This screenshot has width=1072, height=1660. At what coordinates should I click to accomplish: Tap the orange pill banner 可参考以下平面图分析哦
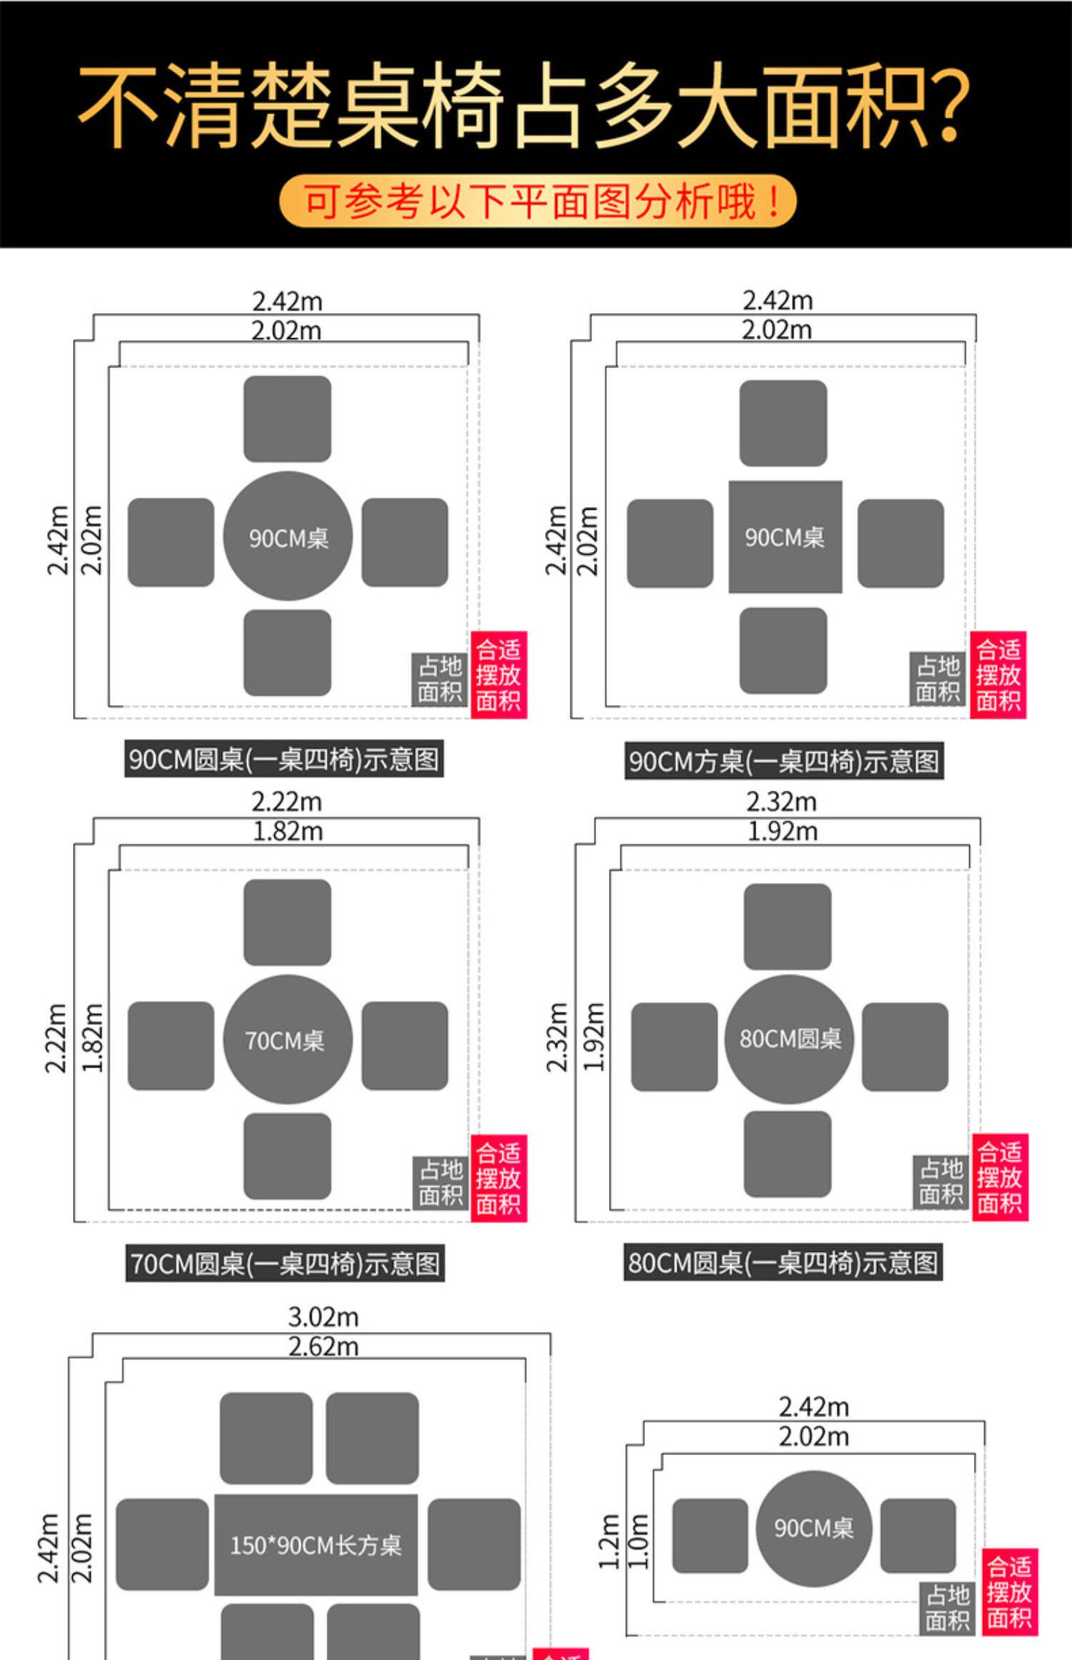[537, 201]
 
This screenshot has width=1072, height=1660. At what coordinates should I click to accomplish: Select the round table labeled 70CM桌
[287, 1039]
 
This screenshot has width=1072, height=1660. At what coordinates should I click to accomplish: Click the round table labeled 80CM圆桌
[790, 1039]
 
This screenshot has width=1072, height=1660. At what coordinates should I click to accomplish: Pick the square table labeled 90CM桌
[785, 537]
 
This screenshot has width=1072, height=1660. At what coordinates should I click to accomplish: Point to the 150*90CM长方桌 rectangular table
[316, 1544]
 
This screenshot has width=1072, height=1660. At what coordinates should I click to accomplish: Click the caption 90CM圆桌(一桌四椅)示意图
[284, 759]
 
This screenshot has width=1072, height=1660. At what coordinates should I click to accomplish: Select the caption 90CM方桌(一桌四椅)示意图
[784, 761]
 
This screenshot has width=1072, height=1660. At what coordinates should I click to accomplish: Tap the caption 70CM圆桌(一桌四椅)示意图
[284, 1263]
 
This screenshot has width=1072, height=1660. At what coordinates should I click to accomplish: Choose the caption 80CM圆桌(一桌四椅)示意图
[783, 1263]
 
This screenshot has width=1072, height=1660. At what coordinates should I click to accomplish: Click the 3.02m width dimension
[323, 1317]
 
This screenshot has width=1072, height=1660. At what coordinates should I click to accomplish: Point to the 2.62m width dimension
[323, 1347]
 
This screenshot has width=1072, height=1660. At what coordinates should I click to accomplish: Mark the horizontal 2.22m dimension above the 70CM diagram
[287, 802]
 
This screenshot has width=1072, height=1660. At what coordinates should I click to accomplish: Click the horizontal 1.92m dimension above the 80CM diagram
[782, 831]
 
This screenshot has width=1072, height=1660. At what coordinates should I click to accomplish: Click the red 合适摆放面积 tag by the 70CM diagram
[498, 1178]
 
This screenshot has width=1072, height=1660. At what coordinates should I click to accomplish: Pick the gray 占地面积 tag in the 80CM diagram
[941, 1182]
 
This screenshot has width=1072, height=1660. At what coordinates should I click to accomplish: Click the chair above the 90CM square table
[783, 423]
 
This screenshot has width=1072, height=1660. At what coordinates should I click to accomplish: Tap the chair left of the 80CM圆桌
[674, 1047]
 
